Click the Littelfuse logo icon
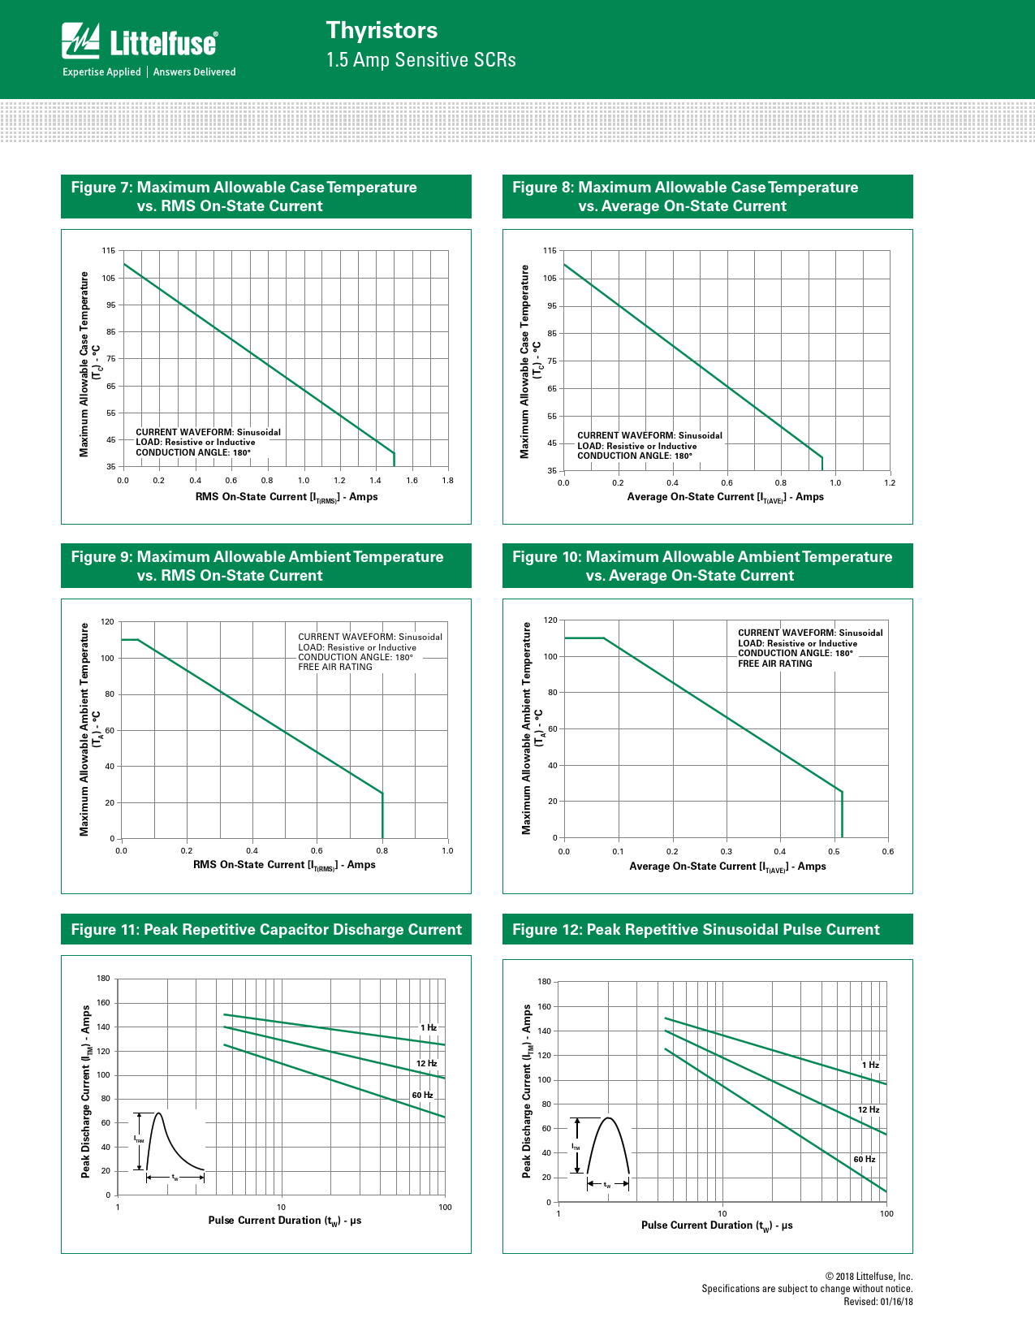(81, 41)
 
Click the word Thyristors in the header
(382, 31)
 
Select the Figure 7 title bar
(266, 197)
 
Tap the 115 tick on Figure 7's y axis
(109, 251)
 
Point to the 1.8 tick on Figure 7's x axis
(448, 481)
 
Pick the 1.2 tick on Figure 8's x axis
(890, 483)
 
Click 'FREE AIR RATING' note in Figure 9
(335, 668)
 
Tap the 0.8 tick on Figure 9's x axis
(382, 851)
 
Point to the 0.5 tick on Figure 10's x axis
(834, 852)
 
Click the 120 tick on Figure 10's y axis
(550, 620)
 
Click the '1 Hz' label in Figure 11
(429, 1028)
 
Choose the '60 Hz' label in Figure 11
(422, 1096)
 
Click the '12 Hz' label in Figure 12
(869, 1110)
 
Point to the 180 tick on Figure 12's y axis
(545, 982)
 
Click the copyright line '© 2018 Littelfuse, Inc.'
(869, 1277)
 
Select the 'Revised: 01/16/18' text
(878, 1302)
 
